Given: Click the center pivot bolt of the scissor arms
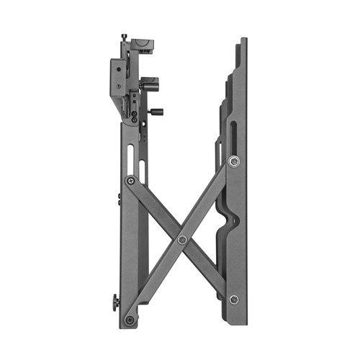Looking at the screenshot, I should [x=182, y=240].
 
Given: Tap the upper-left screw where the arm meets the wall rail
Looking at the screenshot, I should [x=130, y=181].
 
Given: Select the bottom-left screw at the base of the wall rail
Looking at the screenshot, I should [x=129, y=319].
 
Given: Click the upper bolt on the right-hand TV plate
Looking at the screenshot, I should [x=233, y=162].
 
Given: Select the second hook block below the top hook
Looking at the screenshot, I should [x=150, y=84].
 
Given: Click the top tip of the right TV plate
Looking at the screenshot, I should [x=243, y=40].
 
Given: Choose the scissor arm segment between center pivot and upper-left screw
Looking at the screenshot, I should [x=156, y=210].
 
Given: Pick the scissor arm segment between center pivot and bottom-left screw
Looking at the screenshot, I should [x=156, y=279].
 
